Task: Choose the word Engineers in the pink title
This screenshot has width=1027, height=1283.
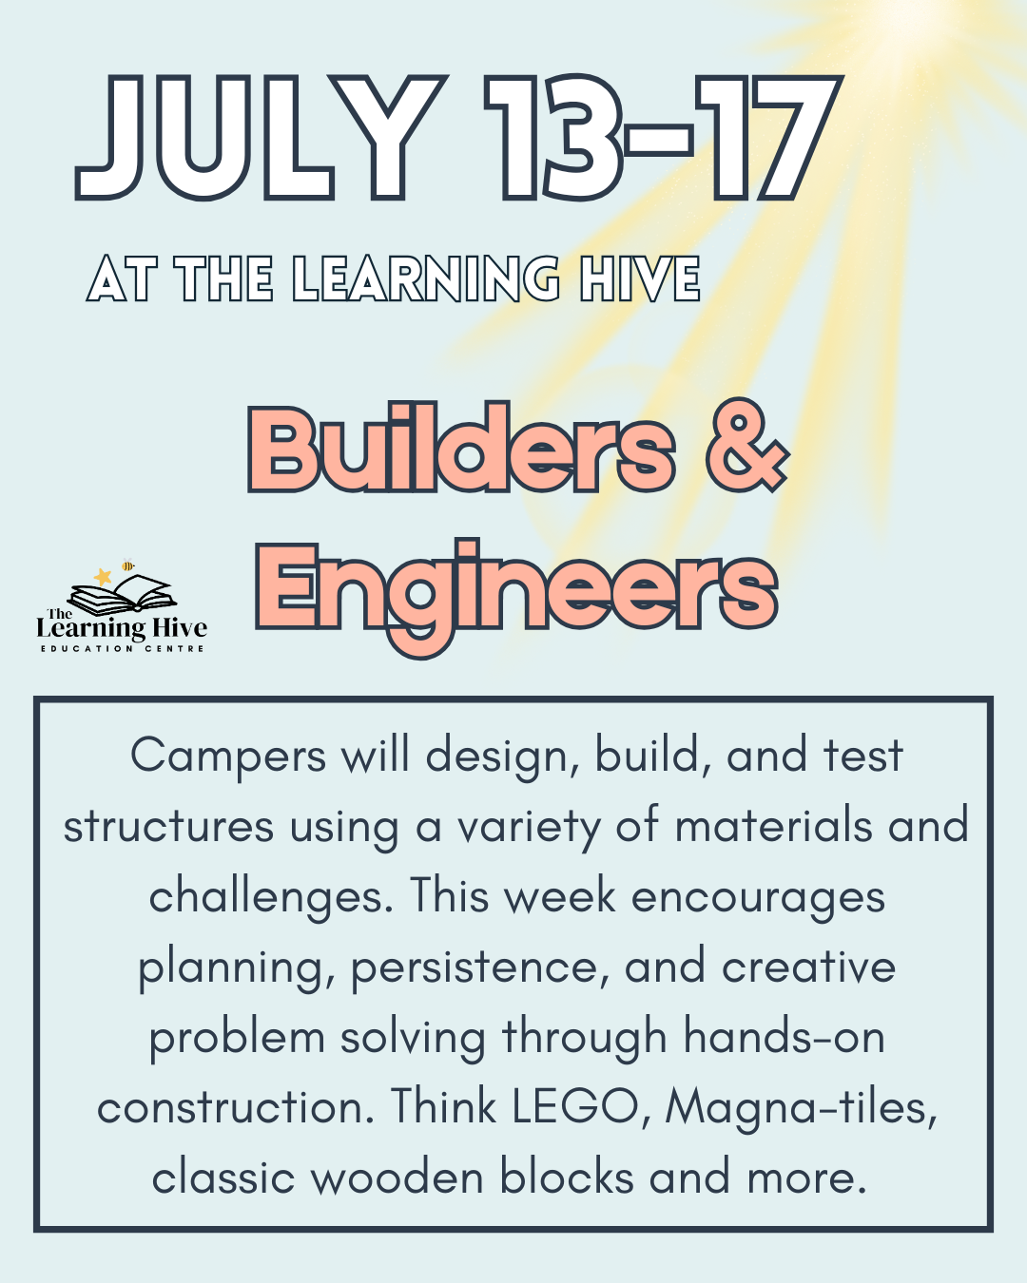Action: click(x=516, y=588)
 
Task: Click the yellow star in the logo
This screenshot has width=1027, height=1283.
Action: click(x=103, y=576)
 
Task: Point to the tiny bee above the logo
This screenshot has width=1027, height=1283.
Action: click(x=127, y=565)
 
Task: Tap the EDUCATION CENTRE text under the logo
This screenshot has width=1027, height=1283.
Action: click(x=122, y=648)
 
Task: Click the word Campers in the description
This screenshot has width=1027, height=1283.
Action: click(x=228, y=757)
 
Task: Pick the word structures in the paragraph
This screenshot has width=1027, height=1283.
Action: click(x=168, y=827)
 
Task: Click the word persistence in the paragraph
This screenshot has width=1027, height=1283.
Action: click(x=479, y=968)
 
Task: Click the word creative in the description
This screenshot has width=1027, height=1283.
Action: click(x=808, y=967)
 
